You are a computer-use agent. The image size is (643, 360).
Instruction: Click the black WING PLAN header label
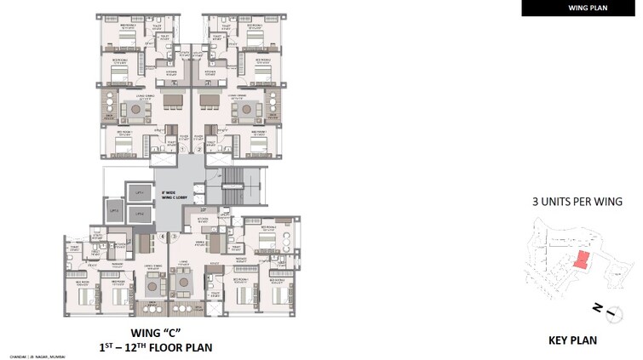582,8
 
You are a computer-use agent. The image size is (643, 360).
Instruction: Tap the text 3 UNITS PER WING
577,202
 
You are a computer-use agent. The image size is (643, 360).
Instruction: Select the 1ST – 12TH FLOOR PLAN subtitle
153,347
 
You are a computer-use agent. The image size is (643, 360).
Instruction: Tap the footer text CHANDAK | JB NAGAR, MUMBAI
38,356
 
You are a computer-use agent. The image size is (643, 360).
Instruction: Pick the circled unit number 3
175,236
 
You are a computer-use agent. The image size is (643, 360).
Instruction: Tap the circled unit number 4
162,236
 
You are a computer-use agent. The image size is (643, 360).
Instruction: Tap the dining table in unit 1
173,101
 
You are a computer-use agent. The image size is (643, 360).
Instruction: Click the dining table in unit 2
209,101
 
